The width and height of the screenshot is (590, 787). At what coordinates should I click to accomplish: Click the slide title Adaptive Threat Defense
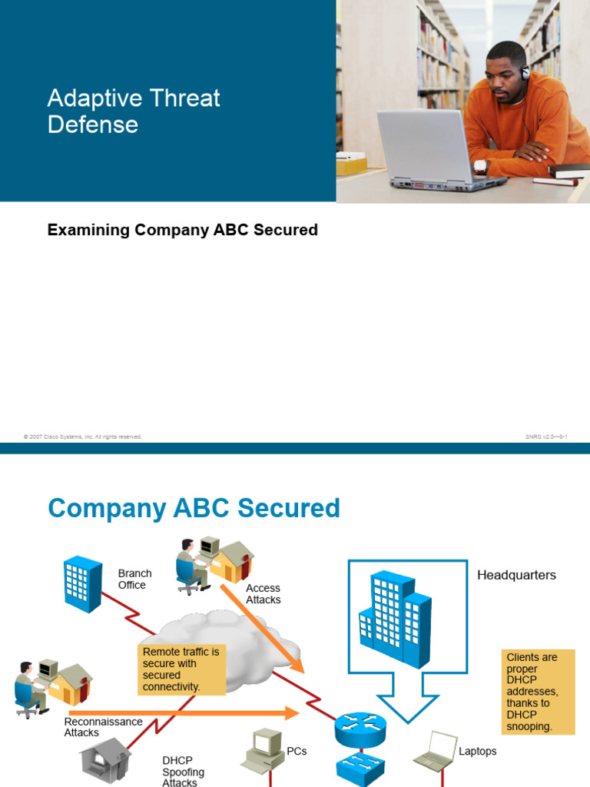point(134,111)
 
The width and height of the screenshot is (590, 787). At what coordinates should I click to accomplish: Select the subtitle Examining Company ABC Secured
point(183,230)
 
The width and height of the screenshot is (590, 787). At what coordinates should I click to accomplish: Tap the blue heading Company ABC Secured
point(194,508)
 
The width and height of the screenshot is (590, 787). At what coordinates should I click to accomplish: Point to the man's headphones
point(525,73)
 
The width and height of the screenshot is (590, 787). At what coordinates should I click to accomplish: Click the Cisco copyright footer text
point(83,437)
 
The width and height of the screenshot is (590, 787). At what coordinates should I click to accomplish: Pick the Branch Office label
point(134,579)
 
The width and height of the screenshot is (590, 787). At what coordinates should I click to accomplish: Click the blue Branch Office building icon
point(83,584)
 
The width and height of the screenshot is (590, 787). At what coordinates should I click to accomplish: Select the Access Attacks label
point(263,593)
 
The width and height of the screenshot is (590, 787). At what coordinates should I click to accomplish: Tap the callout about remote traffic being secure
point(181,669)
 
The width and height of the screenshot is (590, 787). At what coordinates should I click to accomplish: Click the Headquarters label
point(516,575)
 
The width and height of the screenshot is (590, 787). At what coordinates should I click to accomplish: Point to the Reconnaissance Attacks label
point(103,727)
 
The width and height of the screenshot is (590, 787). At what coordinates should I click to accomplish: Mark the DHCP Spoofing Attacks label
point(183,772)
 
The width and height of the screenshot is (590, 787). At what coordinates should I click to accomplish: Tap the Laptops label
point(478,751)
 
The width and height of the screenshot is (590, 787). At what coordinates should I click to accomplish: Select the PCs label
point(297,751)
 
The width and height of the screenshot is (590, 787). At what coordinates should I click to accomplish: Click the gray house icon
point(103,760)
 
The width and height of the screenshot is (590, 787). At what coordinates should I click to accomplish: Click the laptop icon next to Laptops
point(435,751)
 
